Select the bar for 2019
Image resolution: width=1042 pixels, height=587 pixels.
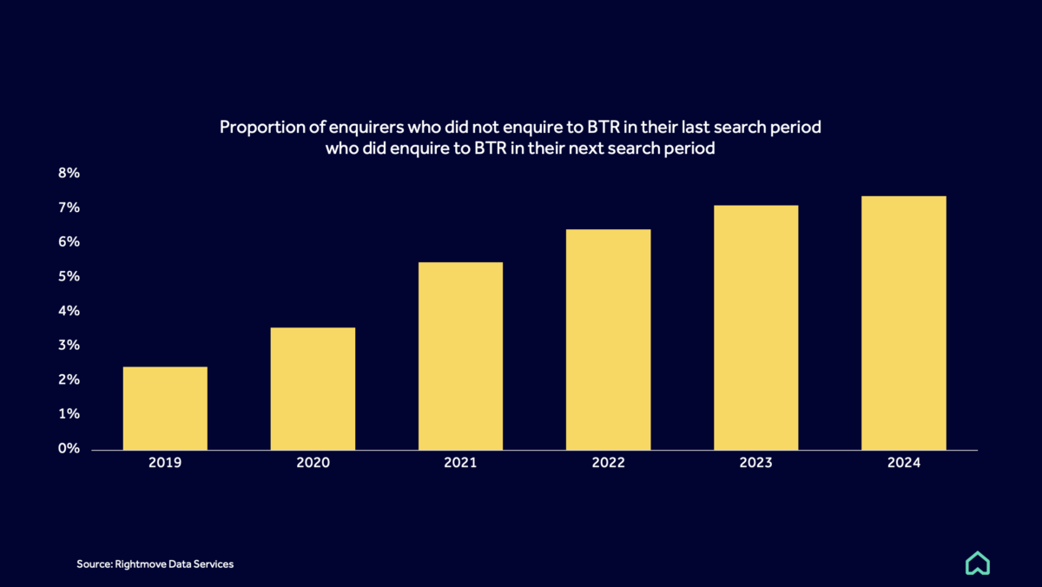tap(165, 408)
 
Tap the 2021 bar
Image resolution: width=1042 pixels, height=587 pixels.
tap(460, 356)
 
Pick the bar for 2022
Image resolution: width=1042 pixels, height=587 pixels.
tap(608, 340)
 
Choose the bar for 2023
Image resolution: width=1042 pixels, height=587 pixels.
tap(755, 327)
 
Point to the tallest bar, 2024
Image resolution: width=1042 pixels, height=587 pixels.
tap(903, 323)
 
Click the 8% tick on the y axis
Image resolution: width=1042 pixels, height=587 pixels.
tap(69, 173)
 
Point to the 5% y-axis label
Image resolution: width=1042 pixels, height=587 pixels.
tap(69, 276)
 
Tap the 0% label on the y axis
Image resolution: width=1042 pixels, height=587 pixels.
tap(69, 449)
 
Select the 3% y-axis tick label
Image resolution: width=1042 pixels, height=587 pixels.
tap(69, 346)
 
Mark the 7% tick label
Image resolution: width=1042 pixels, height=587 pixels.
tap(69, 208)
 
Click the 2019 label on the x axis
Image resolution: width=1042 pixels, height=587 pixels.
tap(165, 464)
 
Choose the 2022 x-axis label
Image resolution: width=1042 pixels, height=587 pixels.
tap(608, 464)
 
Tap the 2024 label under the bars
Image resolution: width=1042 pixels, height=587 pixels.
tap(903, 464)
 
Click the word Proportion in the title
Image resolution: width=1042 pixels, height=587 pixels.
tap(260, 128)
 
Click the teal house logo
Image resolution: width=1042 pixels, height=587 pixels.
tap(978, 564)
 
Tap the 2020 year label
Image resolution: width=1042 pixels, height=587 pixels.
tap(313, 464)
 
